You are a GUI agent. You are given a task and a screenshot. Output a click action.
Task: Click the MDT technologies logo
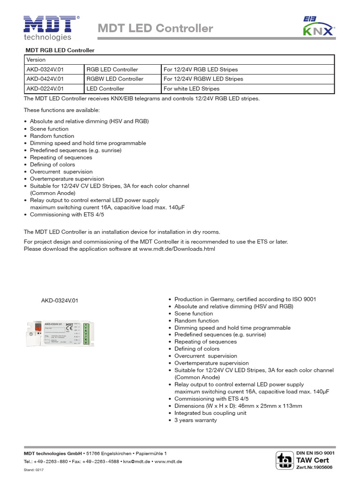pos(49,28)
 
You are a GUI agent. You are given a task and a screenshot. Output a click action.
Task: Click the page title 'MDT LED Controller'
pos(155,29)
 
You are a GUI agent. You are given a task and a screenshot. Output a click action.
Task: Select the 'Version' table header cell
pos(36,60)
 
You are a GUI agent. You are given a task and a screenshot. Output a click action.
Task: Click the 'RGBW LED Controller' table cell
pos(115,79)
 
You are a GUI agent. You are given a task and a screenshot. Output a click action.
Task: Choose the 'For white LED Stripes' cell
pos(191,89)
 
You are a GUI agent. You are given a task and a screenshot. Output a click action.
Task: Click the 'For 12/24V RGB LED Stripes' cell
pos(201,69)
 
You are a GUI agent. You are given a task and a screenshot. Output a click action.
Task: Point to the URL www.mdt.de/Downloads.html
pos(177,249)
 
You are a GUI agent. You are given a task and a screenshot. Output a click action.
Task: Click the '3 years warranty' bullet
pos(195,420)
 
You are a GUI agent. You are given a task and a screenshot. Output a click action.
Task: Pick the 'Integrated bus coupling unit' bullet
pos(210,413)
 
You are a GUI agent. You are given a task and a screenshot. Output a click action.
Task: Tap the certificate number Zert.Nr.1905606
pos(314,467)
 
